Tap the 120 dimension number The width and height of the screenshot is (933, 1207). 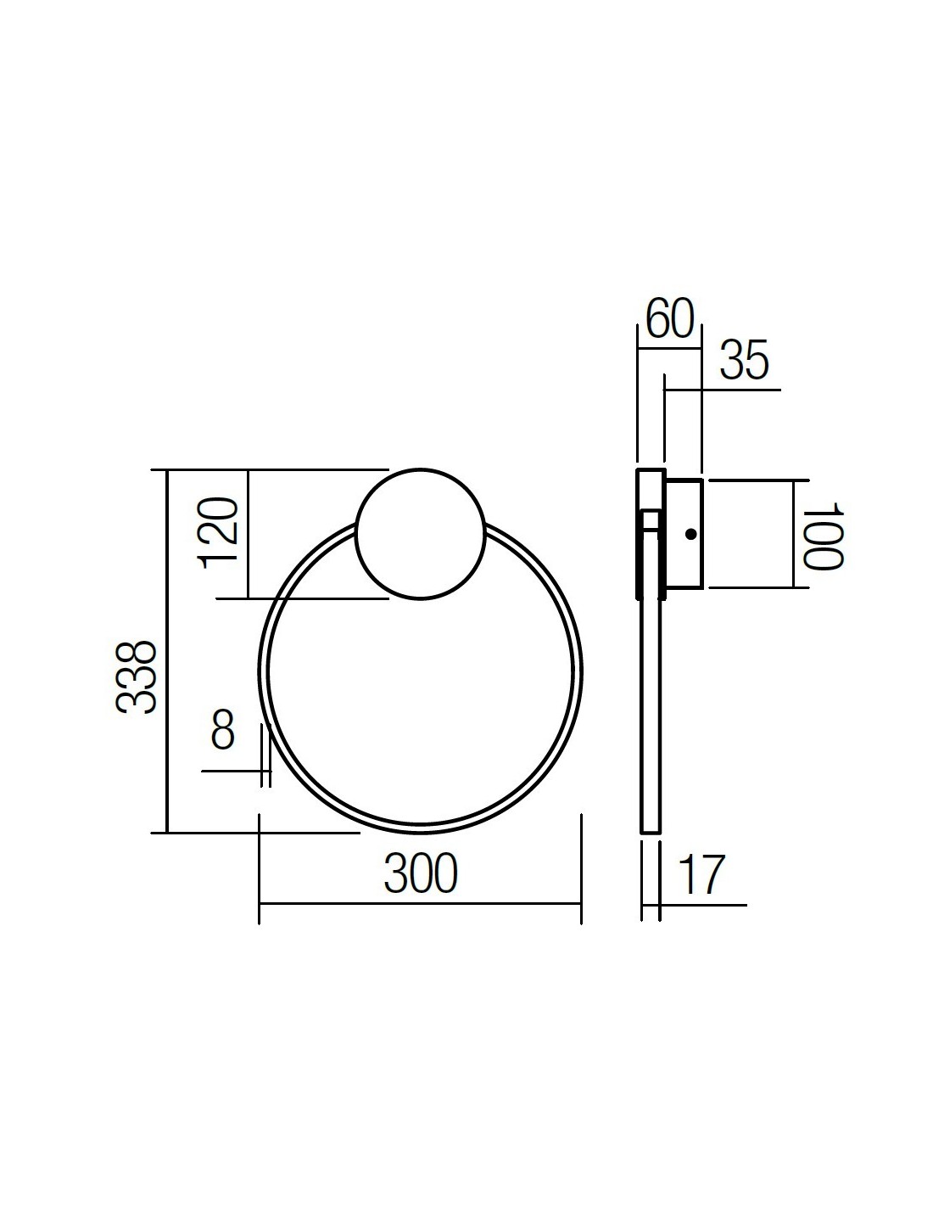click(218, 533)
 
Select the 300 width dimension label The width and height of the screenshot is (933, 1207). click(421, 873)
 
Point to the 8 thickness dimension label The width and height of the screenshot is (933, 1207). click(223, 729)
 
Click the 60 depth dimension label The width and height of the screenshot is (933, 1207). click(670, 318)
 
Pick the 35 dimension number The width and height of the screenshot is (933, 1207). click(745, 360)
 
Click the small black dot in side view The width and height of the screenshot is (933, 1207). click(690, 535)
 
